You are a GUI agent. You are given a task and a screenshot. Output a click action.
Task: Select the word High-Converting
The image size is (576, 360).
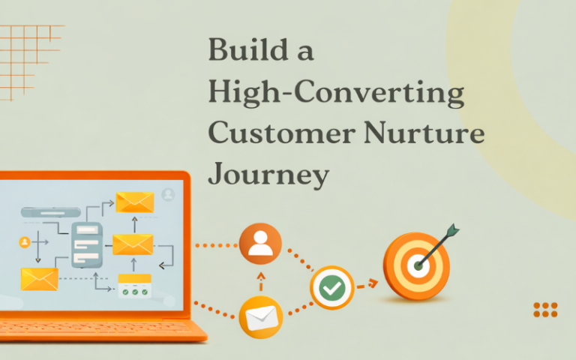point(335,94)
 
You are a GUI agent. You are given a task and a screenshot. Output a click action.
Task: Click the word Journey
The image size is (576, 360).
point(268,175)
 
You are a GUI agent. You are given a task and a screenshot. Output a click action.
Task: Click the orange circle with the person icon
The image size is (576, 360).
point(260,244)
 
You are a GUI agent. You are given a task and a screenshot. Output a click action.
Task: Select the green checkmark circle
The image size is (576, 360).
point(331,287)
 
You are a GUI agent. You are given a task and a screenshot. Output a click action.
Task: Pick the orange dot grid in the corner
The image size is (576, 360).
point(545,310)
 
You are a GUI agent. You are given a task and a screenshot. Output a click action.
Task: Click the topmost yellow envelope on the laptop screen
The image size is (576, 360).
point(135,202)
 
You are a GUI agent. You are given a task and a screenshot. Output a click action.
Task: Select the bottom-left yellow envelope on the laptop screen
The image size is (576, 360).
point(40,279)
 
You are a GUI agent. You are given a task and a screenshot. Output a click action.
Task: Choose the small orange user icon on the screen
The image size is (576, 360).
point(25,241)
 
